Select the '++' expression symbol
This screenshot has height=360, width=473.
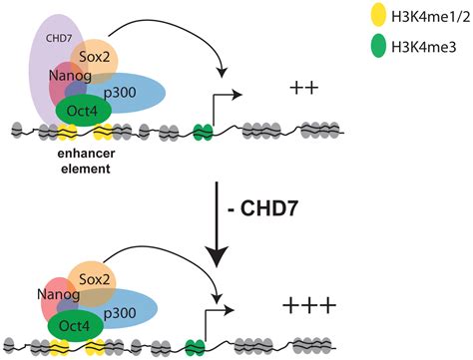click(x=302, y=90)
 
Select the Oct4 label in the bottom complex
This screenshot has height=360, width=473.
click(x=73, y=324)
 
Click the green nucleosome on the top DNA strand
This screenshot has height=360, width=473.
click(x=204, y=130)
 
